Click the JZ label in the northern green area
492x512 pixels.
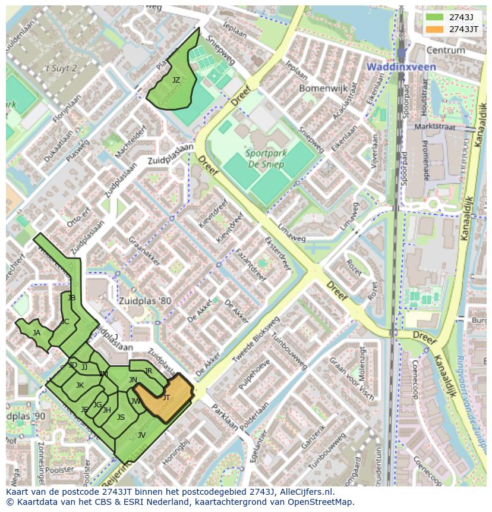[x=176, y=80]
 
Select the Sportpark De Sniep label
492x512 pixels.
[x=266, y=158]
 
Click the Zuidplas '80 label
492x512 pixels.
[x=144, y=301]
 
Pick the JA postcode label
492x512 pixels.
[x=36, y=333]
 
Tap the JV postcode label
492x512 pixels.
[x=141, y=435]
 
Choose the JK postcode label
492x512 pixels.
[x=80, y=385]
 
